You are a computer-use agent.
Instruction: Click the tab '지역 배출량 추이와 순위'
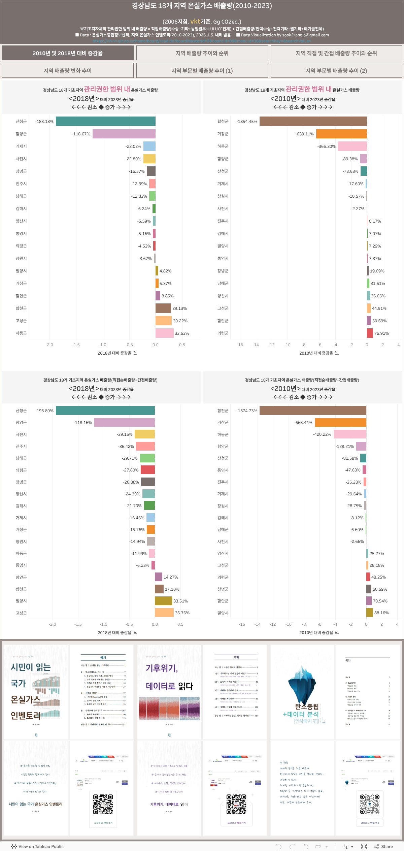coord(202,53)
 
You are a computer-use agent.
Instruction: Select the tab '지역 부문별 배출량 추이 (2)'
coord(336,71)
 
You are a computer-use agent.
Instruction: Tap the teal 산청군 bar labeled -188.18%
coord(105,121)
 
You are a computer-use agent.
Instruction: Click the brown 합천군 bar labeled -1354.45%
coord(313,121)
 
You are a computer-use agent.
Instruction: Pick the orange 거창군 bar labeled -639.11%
coord(341,134)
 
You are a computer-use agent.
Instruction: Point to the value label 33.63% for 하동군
coord(182,333)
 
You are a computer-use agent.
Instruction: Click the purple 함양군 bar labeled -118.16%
coord(124,422)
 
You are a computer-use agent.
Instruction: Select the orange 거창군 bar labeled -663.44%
coord(340,422)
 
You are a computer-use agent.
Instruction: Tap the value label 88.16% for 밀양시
coord(381,613)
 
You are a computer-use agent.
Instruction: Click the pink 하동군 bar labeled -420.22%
coord(350,434)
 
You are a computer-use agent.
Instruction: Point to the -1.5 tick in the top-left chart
coord(76,345)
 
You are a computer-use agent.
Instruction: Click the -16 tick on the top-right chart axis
coord(240,345)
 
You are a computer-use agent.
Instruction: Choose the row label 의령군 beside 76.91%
coord(223,333)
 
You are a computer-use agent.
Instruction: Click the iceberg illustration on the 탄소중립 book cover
coord(302,684)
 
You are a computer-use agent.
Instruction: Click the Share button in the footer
coord(383,846)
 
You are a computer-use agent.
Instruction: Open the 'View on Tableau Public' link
coord(37,846)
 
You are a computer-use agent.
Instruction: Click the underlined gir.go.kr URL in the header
coord(202,41)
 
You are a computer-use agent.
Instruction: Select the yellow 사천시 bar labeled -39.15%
coord(145,434)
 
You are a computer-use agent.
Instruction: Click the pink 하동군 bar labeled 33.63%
coord(165,333)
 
